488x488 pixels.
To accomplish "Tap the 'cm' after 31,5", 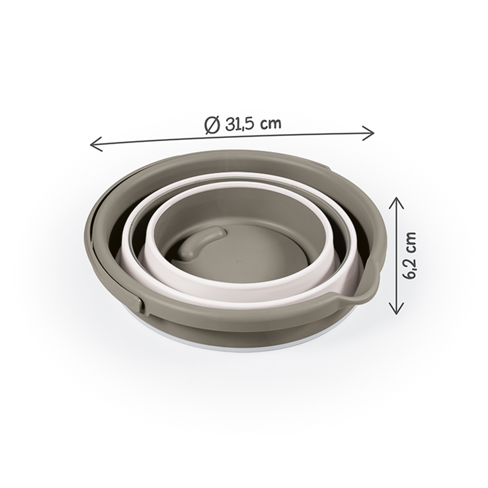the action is [271, 124].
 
